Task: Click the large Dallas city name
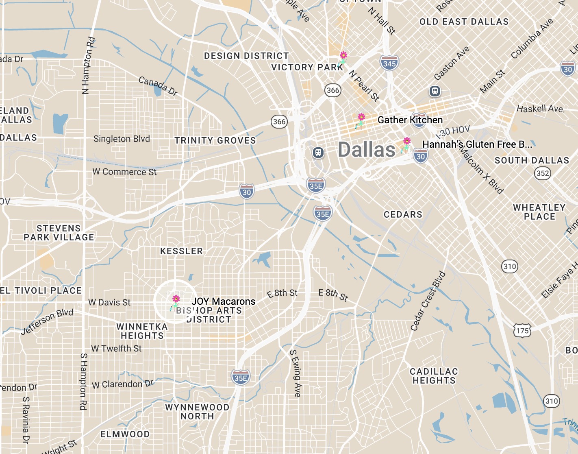point(366,150)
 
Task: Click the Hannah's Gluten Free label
point(477,144)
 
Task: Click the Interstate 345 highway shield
point(389,63)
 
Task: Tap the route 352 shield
point(542,173)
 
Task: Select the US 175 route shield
point(522,330)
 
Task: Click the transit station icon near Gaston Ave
point(435,91)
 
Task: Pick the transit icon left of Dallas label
point(318,153)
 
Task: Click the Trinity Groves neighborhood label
point(215,140)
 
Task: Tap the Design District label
point(246,56)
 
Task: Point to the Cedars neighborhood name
point(403,214)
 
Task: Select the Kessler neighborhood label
point(181,251)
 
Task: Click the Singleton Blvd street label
point(122,139)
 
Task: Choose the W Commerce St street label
point(124,172)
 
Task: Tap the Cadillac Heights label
point(434,376)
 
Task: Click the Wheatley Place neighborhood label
point(539,212)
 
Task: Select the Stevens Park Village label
point(59,233)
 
